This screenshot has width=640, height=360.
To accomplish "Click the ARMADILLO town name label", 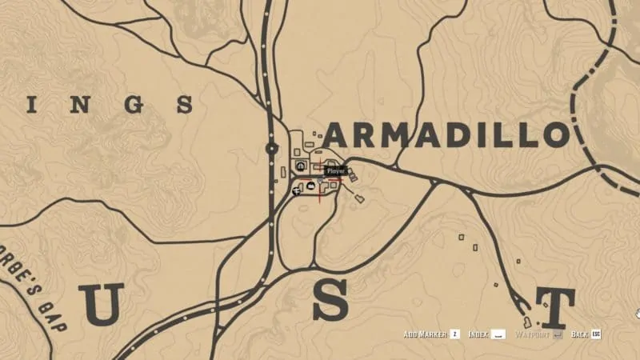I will coord(446,135).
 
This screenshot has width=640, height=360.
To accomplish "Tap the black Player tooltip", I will coord(335,170).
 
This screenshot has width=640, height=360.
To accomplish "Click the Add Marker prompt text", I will coord(424,334).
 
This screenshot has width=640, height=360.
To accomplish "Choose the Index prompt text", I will coord(478,334).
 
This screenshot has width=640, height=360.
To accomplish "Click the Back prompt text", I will coord(580,334).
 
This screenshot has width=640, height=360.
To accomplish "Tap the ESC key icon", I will coord(596,334).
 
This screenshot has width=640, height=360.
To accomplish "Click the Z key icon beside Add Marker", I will coord(454,334).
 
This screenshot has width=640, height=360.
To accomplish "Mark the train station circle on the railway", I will coord(271,148).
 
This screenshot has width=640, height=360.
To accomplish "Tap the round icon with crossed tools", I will coord(298,190).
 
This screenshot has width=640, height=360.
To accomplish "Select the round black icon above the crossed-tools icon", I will coord(300,166).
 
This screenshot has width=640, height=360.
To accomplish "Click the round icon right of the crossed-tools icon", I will coord(310,186).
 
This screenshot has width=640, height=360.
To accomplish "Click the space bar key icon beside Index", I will coord(498,334).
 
